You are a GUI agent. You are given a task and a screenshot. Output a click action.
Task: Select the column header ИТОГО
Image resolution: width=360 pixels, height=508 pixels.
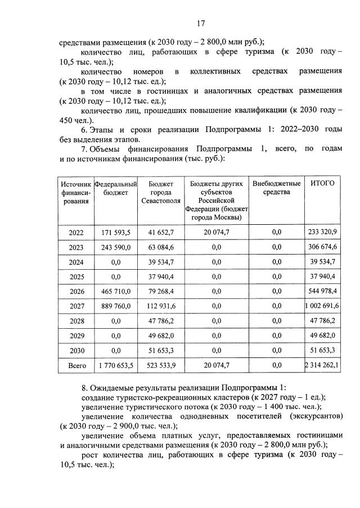(322, 183)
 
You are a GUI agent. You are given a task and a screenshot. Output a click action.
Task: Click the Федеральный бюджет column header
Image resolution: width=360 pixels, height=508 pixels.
(115, 188)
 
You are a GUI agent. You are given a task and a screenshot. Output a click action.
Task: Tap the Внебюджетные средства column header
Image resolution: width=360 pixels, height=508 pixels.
(276, 188)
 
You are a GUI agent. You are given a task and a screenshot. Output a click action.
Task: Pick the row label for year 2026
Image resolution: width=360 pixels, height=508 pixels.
(76, 292)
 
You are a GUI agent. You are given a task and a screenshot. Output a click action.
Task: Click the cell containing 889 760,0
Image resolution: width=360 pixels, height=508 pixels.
(115, 306)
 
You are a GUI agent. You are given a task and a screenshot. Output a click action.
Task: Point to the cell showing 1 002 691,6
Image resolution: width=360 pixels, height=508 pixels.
(322, 306)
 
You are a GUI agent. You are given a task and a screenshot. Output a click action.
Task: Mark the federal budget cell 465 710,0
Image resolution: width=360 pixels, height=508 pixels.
(115, 292)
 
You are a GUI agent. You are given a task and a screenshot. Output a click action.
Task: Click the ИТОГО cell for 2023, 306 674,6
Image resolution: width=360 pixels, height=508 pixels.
(322, 248)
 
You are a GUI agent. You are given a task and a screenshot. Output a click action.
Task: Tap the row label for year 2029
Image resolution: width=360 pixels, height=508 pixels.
(76, 335)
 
